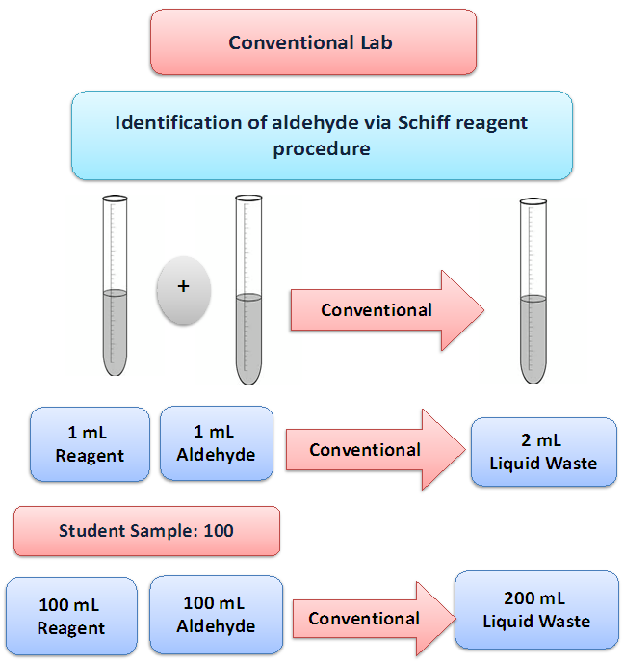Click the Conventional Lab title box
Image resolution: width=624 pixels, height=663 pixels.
[x=313, y=42]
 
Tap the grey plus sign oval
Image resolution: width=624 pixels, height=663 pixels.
[x=183, y=287]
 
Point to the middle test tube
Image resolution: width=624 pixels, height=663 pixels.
[x=248, y=289]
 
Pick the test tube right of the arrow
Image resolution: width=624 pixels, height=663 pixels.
[x=533, y=289]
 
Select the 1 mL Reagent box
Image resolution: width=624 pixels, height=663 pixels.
[x=90, y=443]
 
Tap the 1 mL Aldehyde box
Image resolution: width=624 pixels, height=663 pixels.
[x=216, y=443]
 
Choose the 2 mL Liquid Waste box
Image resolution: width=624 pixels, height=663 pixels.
[x=543, y=451]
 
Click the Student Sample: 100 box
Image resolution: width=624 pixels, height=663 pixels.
[x=146, y=531]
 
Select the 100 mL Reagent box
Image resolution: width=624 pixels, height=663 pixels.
[x=70, y=617]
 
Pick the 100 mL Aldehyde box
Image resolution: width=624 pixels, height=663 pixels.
[x=216, y=615]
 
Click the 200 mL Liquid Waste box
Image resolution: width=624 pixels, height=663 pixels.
[x=536, y=610]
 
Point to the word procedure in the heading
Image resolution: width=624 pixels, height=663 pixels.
[x=322, y=149]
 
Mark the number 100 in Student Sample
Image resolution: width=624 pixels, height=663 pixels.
[x=219, y=531]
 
